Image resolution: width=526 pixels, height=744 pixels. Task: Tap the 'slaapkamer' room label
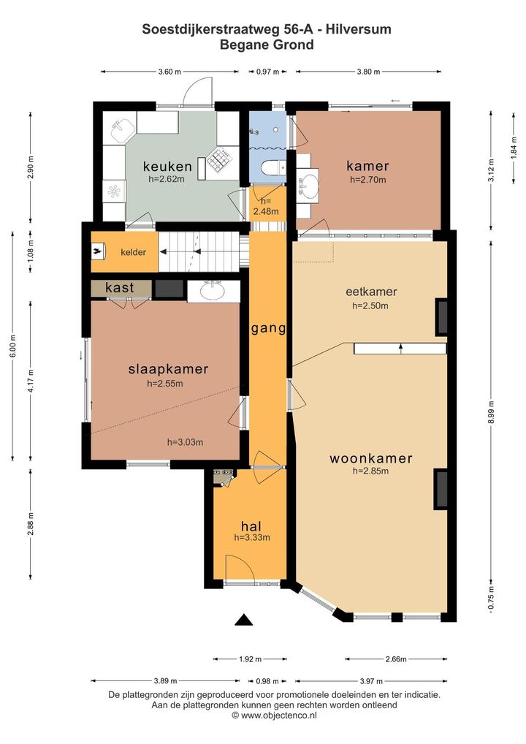(x=168, y=369)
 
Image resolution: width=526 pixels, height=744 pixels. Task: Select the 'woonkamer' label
(x=371, y=458)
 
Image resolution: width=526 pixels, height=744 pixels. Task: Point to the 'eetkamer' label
(x=371, y=292)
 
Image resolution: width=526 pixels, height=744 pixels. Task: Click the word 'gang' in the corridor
(x=268, y=328)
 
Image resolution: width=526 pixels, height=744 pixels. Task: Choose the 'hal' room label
(x=251, y=525)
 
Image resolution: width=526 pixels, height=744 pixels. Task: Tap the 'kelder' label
(x=133, y=252)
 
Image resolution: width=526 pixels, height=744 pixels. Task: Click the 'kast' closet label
(x=120, y=287)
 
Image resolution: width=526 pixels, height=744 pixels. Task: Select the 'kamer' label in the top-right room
(x=367, y=166)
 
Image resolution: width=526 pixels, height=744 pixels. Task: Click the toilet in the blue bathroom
(x=274, y=167)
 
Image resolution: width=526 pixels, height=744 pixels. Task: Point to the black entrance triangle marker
(x=244, y=620)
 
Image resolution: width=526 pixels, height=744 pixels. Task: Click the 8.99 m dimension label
(x=491, y=412)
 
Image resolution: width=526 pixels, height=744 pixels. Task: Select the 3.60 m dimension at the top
(x=169, y=72)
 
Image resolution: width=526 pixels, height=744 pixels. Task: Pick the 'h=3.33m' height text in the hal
(x=252, y=538)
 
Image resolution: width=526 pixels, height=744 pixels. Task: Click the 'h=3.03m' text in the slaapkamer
(x=185, y=442)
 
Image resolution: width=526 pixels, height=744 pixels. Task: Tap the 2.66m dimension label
(x=395, y=659)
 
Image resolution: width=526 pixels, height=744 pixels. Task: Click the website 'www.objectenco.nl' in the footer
(x=278, y=715)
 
